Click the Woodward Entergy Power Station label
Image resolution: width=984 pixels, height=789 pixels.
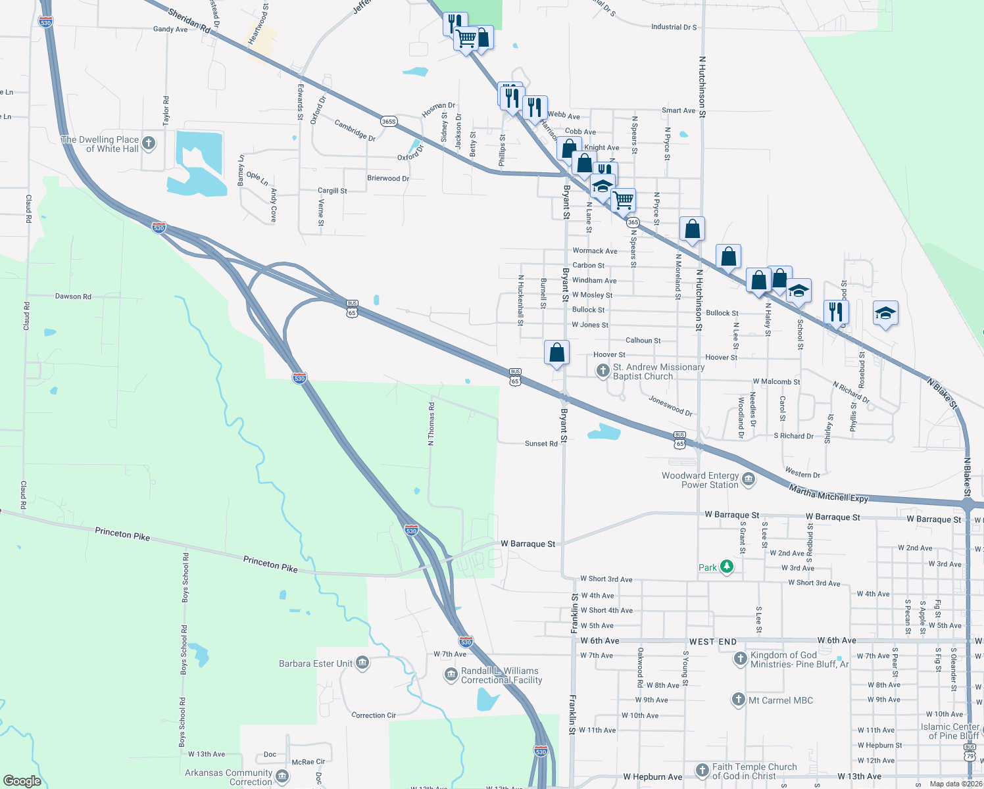[x=701, y=480]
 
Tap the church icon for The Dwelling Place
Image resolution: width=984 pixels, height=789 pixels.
[x=149, y=143]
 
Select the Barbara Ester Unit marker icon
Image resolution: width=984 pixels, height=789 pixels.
[x=362, y=663]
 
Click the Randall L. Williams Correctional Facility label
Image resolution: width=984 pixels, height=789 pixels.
[x=501, y=675]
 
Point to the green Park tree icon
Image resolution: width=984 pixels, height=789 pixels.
[x=726, y=566]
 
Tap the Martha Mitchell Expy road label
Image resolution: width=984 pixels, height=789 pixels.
[x=829, y=493]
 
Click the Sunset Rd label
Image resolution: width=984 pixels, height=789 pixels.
[x=541, y=444]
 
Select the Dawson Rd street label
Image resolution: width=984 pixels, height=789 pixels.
[x=73, y=297]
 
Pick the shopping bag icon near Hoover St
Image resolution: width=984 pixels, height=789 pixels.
[x=556, y=353]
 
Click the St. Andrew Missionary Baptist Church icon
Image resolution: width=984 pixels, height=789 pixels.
[x=603, y=371]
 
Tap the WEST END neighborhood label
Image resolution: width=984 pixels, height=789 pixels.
[x=713, y=642]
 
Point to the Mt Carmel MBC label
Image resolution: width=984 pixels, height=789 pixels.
[x=781, y=700]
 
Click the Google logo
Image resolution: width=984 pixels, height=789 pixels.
[x=22, y=780]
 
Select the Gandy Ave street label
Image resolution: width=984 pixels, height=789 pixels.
[x=170, y=29]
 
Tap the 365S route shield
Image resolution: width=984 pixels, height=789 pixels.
[x=389, y=122]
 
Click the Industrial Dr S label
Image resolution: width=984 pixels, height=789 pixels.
[x=674, y=27]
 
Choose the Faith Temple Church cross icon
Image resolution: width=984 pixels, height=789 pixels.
[x=702, y=770]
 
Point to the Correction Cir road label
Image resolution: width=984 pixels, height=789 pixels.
[x=374, y=715]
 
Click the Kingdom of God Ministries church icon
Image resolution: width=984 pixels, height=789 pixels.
[x=740, y=659]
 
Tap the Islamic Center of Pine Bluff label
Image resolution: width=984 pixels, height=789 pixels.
[x=950, y=731]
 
